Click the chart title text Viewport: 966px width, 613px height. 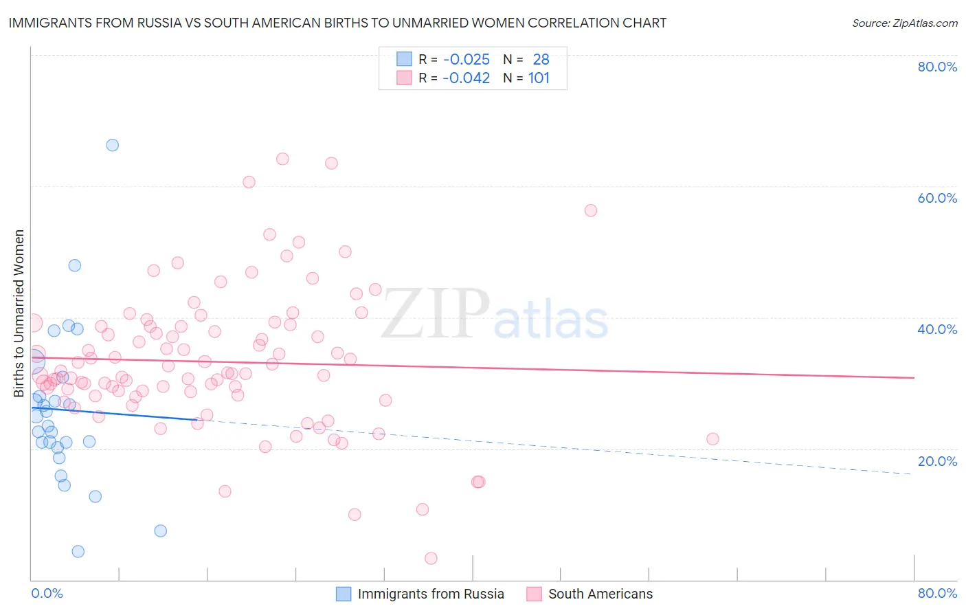point(337,23)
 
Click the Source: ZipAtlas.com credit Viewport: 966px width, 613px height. point(904,23)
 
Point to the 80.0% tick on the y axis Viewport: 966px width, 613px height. point(937,67)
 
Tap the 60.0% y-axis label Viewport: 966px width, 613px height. point(937,198)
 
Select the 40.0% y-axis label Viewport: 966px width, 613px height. point(937,329)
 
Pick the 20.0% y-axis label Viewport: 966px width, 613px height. point(937,461)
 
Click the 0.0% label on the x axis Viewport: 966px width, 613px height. point(47,593)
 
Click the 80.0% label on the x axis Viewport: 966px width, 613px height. point(937,593)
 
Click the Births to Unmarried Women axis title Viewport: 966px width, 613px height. point(19,313)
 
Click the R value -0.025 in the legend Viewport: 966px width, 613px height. point(467,60)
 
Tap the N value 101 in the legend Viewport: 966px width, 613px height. point(539,78)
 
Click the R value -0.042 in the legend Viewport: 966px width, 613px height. point(467,78)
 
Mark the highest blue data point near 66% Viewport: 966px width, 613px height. point(112,145)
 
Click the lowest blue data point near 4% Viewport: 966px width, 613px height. point(78,551)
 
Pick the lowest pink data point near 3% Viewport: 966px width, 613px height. point(431,558)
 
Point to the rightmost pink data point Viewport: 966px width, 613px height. point(712,439)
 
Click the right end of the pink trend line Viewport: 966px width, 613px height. point(914,377)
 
